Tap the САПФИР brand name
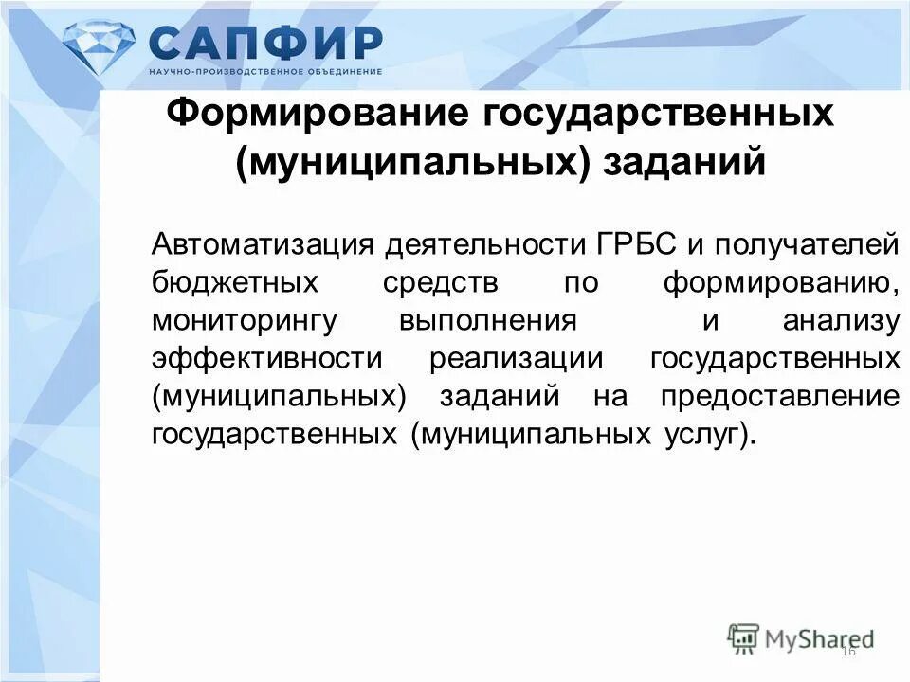(265, 42)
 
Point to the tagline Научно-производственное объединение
(265, 72)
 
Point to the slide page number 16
(847, 651)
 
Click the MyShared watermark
(801, 638)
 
